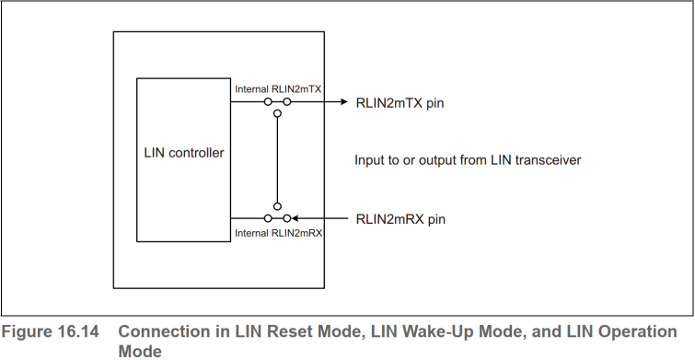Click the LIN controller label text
point(184,153)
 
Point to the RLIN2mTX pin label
point(400,103)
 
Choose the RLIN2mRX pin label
point(400,218)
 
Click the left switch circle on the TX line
point(267,102)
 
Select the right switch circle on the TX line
point(286,102)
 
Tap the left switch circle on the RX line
point(267,218)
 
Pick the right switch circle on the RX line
point(286,218)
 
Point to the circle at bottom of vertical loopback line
point(277,207)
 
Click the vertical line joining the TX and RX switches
point(277,161)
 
